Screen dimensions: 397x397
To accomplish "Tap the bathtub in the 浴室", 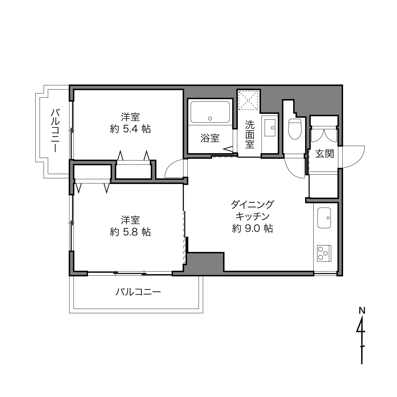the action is point(210,112).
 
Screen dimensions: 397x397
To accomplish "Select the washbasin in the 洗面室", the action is point(270,127).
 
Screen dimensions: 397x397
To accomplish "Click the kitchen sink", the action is point(324,218).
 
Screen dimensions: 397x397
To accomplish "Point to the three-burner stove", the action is point(324,253).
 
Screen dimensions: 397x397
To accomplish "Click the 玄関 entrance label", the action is point(324,153).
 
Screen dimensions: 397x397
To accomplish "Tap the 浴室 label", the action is point(210,138).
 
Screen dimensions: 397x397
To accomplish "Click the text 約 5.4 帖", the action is point(130,129).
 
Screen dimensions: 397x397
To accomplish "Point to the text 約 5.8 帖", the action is point(130,232).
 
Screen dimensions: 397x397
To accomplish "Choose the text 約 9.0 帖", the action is point(253,228).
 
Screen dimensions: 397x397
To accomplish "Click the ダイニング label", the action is point(253,205).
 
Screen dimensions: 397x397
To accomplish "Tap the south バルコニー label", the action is point(138,292).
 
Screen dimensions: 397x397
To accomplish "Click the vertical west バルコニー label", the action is point(55,131).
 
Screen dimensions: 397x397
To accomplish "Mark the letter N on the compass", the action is point(362,310).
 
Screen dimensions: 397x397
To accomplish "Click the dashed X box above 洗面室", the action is point(248,100).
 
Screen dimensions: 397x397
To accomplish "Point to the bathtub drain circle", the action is point(210,119).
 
